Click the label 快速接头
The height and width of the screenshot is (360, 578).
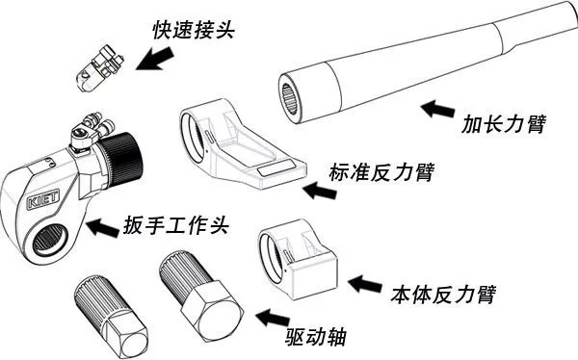click(x=194, y=30)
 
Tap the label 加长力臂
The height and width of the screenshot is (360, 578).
click(x=503, y=124)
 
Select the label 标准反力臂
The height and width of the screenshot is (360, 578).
click(x=381, y=172)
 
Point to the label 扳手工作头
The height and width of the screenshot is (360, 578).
click(x=176, y=225)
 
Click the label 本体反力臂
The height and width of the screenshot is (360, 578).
click(x=443, y=295)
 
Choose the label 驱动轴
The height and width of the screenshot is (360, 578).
click(x=316, y=337)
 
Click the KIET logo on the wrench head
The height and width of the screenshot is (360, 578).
click(x=43, y=199)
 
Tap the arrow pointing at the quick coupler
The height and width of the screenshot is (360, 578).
click(x=154, y=59)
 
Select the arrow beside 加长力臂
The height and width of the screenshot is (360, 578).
click(x=437, y=109)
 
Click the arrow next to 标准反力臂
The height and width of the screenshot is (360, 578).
click(x=319, y=191)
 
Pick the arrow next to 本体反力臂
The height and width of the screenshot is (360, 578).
click(x=365, y=284)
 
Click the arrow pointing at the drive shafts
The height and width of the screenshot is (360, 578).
click(x=273, y=318)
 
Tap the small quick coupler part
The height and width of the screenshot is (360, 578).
click(x=99, y=68)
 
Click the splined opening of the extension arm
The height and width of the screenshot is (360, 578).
click(x=289, y=98)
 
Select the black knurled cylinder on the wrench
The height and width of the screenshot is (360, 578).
click(x=121, y=159)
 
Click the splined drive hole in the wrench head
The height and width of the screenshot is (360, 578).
click(x=50, y=241)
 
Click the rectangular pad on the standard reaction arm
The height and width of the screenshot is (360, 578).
click(x=276, y=168)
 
